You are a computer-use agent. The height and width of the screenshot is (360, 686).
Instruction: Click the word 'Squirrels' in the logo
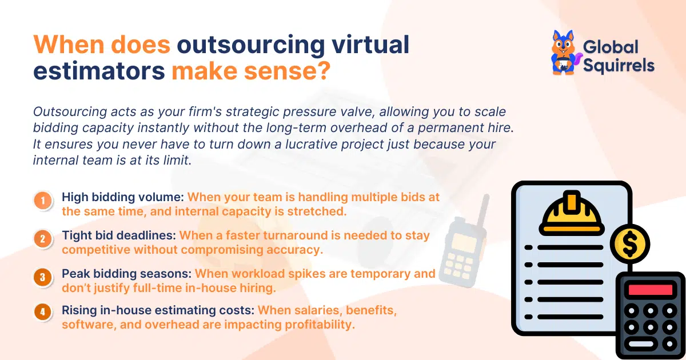click(x=618, y=65)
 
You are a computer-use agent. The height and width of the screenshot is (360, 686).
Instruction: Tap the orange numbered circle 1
click(x=42, y=201)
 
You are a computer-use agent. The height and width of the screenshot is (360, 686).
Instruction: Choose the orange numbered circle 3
click(x=42, y=278)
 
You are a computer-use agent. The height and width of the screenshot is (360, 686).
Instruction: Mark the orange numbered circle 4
click(x=42, y=312)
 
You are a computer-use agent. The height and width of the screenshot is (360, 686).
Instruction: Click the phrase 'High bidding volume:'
click(x=122, y=197)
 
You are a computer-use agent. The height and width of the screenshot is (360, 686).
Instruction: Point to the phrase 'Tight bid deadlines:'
click(x=119, y=235)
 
